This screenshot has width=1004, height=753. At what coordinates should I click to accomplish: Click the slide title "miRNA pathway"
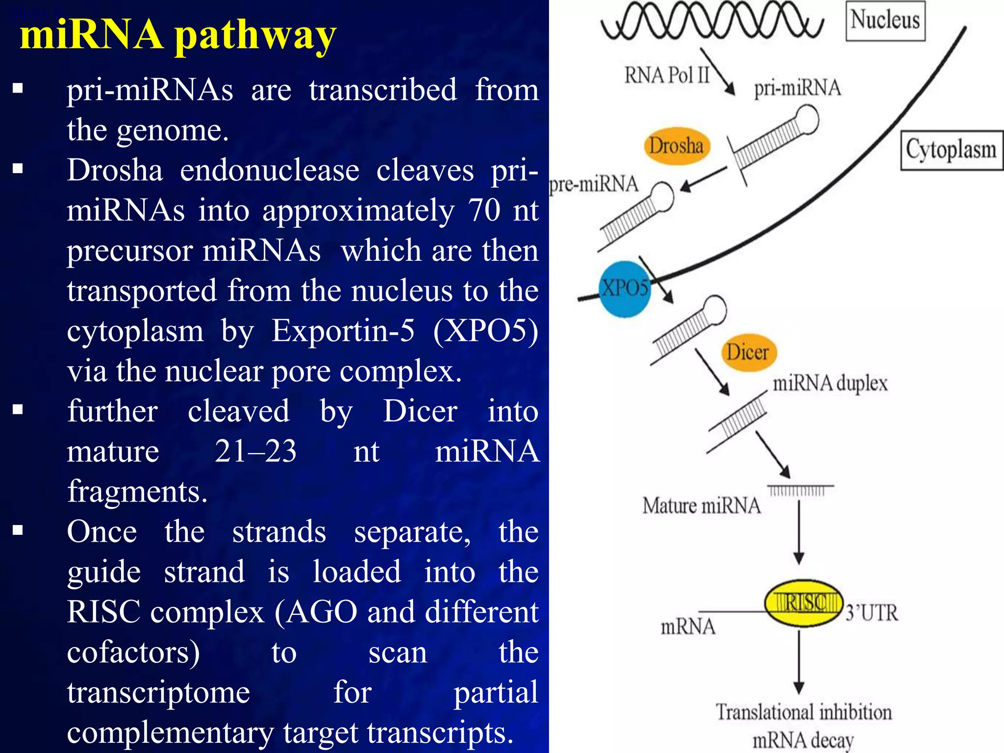pyautogui.click(x=178, y=35)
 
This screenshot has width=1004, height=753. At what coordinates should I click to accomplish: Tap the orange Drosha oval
pyautogui.click(x=677, y=146)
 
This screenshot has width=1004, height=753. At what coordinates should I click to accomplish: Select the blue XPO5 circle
pyautogui.click(x=625, y=289)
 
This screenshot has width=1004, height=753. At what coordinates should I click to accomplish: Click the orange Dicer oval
pyautogui.click(x=748, y=352)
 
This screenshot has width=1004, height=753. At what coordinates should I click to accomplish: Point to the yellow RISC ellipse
pyautogui.click(x=803, y=603)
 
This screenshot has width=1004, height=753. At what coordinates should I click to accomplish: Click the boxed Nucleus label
pyautogui.click(x=885, y=21)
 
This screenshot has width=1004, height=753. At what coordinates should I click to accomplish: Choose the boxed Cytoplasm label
pyautogui.click(x=951, y=150)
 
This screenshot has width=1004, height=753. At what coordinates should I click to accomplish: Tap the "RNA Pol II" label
pyautogui.click(x=667, y=75)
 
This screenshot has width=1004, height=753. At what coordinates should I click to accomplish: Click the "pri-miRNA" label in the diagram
pyautogui.click(x=798, y=88)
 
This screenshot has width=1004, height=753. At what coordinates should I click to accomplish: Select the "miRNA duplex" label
pyautogui.click(x=830, y=383)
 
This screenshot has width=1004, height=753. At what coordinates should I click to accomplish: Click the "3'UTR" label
pyautogui.click(x=872, y=613)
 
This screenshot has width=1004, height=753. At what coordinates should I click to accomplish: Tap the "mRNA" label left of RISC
pyautogui.click(x=688, y=627)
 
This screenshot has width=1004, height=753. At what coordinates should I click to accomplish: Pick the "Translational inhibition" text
pyautogui.click(x=803, y=712)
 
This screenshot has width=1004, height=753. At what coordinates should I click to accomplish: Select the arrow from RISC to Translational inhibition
pyautogui.click(x=799, y=662)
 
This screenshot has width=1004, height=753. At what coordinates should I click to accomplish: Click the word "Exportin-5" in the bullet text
pyautogui.click(x=343, y=330)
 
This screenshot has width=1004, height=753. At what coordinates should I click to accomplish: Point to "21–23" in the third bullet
pyautogui.click(x=255, y=451)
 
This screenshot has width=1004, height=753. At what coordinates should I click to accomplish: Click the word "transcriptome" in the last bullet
pyautogui.click(x=158, y=692)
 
